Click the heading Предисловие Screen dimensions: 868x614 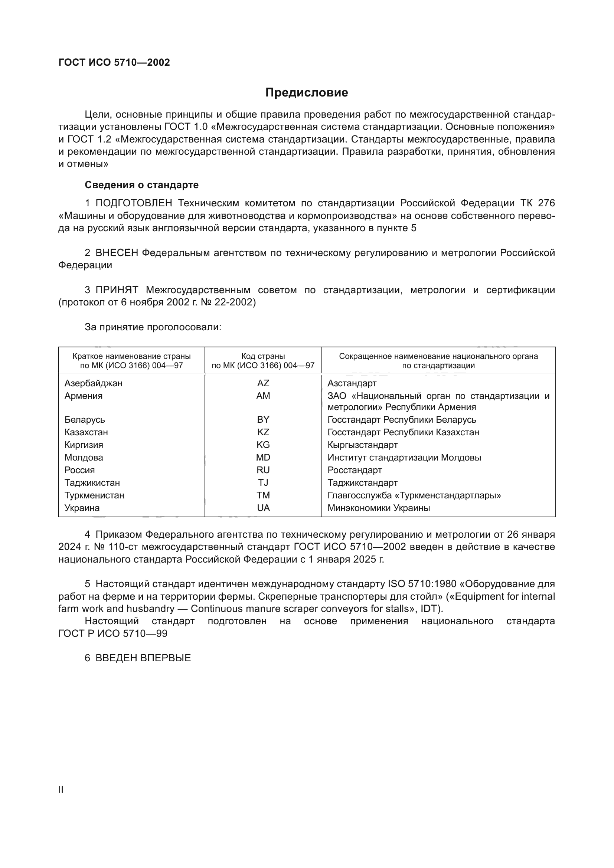pos(306,93)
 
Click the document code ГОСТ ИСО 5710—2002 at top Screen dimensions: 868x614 pos(114,62)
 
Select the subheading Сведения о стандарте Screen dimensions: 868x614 pos(141,185)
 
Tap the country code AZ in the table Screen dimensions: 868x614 pos(263,383)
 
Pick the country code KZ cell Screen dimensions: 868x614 pos(263,432)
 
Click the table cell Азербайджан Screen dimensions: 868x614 pos(94,383)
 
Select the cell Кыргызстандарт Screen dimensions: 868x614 pos(362,445)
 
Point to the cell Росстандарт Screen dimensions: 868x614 pos(354,470)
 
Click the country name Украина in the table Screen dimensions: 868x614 pos(82,508)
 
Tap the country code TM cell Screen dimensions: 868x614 pos(263,495)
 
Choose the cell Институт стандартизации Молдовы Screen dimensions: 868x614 pos(404,458)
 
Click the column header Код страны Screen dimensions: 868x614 pos(263,356)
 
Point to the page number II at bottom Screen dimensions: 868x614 pos(61,790)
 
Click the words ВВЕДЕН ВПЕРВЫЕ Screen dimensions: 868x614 pos(143,658)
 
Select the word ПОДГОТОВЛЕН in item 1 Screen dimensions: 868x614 pos(134,203)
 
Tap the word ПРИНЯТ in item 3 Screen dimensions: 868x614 pos(117,290)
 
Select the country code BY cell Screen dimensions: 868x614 pos(263,420)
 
